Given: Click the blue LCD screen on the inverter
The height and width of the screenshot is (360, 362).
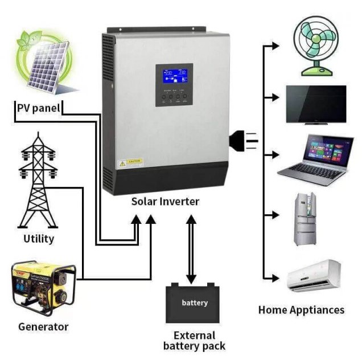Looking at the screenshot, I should pos(174,77).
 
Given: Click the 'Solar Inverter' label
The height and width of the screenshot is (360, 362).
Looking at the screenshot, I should pos(165,201).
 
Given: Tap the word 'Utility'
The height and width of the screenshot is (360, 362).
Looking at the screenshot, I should pos(39,238).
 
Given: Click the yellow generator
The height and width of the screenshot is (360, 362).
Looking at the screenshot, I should pos(43,287).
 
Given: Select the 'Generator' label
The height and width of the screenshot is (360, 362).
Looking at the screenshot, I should pos(43,326).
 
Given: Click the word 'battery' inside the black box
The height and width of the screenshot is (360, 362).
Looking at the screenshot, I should pos(195,302).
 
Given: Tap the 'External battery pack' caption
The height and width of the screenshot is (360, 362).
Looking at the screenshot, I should pos(194,341).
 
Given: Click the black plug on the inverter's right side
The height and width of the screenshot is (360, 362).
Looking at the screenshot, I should pos(243,139).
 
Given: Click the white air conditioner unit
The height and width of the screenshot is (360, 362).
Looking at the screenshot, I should pos(314,275).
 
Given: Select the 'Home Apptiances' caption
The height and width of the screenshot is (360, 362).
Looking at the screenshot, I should pos(301,310).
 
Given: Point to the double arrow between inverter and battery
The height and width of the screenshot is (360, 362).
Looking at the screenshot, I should pos(191,251).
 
